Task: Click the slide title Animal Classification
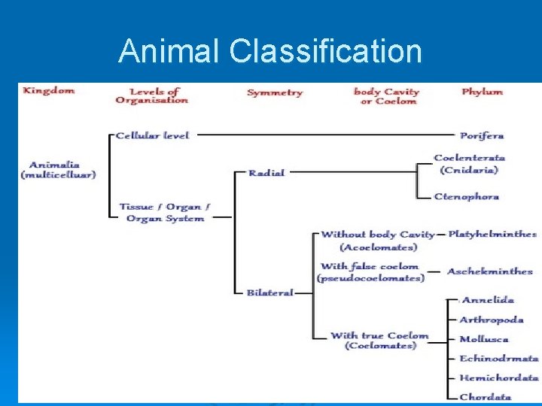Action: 270,51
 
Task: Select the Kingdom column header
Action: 49,91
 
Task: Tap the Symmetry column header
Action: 275,92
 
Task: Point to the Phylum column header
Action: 482,92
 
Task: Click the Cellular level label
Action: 152,135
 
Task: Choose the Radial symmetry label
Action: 267,173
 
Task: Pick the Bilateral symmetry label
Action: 269,292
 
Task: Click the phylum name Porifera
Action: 482,136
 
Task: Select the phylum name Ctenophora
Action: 466,197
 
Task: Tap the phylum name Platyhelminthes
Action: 492,235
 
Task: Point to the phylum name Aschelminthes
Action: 489,271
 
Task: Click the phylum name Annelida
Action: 488,300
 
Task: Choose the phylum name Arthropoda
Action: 492,320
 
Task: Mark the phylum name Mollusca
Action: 484,339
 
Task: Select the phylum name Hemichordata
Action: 499,378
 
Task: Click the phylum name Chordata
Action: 486,397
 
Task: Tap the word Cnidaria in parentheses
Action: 469,170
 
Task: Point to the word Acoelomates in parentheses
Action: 378,247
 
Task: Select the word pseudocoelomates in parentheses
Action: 370,278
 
